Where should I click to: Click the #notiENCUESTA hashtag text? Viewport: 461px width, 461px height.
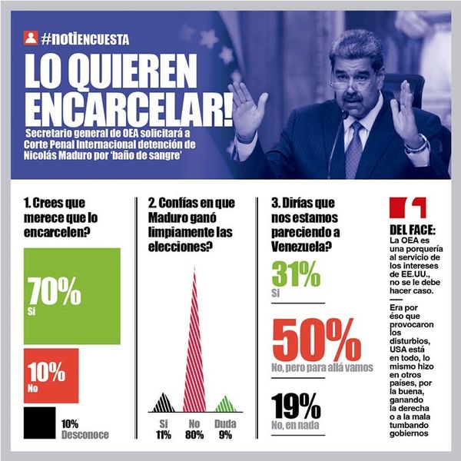[x=85, y=38]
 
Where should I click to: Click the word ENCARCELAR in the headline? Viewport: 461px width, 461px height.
[x=127, y=111]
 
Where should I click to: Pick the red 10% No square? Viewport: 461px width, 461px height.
[x=51, y=376]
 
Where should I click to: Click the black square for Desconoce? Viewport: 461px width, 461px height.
[x=39, y=423]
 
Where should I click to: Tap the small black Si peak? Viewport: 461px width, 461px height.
[x=163, y=403]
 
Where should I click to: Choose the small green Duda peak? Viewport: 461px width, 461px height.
[x=224, y=404]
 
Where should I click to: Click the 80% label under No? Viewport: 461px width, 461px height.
[x=194, y=434]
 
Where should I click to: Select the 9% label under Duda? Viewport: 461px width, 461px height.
[x=224, y=434]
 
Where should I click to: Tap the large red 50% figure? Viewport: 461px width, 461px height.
[x=317, y=340]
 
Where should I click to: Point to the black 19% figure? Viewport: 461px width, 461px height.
[x=296, y=406]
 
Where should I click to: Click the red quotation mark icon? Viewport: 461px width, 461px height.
[x=408, y=208]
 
